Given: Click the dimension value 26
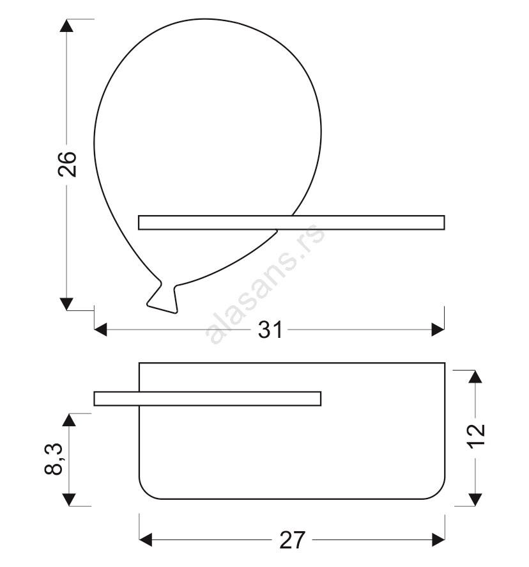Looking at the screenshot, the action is click(67, 164).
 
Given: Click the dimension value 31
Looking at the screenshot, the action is click(270, 330).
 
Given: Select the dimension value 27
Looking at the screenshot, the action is click(293, 540).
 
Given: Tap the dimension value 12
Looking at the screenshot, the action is click(477, 436).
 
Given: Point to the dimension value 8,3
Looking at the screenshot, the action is click(54, 459).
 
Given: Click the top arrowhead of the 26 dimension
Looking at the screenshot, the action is click(66, 26).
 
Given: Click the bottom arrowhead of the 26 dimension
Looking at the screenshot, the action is click(66, 304).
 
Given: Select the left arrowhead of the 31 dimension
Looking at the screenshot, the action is click(101, 330).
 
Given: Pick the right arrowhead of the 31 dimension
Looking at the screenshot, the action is click(438, 330).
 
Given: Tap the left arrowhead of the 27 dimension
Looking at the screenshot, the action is click(146, 540).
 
